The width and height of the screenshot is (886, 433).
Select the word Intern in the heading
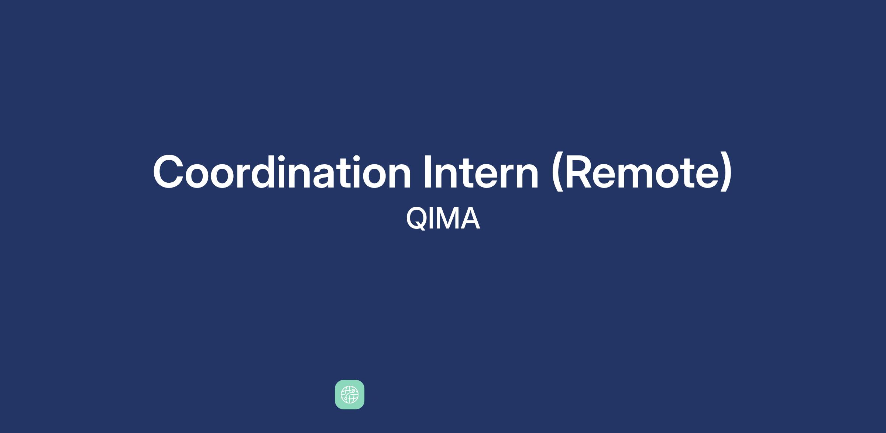pos(481,172)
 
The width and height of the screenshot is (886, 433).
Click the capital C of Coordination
pos(168,172)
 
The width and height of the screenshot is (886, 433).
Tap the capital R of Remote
pos(578,172)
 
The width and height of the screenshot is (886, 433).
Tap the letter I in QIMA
pos(432,219)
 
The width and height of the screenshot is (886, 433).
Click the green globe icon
pos(350,395)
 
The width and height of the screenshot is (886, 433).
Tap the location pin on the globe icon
pos(353,391)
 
